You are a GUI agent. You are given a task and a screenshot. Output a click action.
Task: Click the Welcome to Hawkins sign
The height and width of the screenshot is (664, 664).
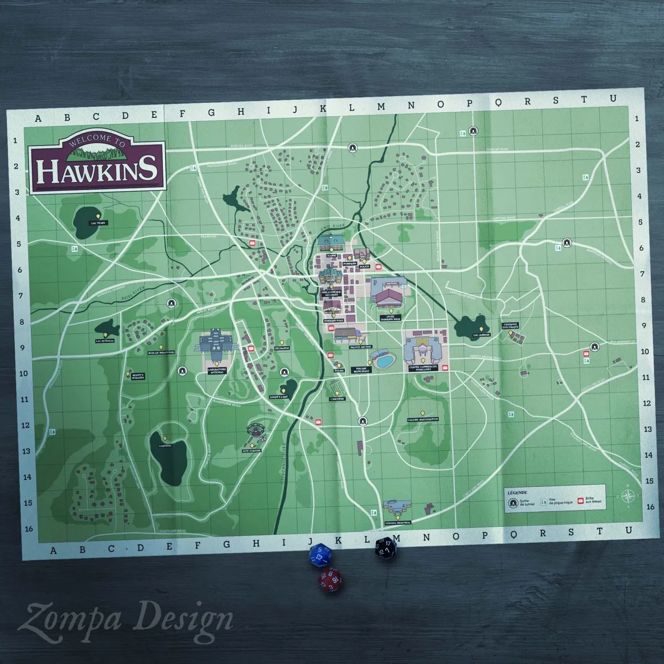pyautogui.click(x=96, y=163)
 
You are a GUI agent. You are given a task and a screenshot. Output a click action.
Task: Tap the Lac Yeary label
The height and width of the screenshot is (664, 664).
pyautogui.click(x=98, y=223)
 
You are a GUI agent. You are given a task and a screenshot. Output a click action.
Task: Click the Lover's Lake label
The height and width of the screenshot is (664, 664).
pyautogui.click(x=279, y=397)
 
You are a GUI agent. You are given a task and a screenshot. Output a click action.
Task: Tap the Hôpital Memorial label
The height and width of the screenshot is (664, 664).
pyautogui.click(x=398, y=522)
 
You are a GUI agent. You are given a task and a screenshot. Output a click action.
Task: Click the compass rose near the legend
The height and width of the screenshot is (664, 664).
pyautogui.click(x=629, y=496)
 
